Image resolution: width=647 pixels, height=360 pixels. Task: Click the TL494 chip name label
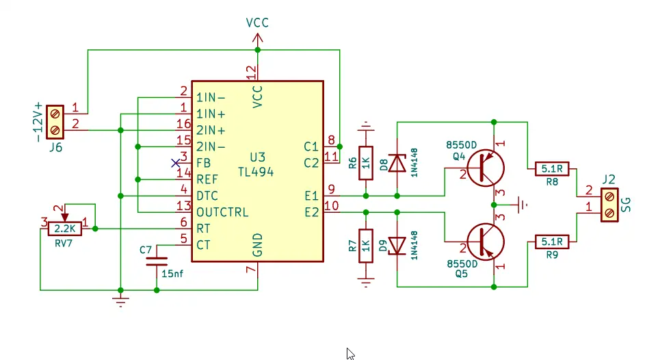pyautogui.click(x=256, y=172)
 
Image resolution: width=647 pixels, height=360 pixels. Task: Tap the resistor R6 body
pyautogui.click(x=366, y=163)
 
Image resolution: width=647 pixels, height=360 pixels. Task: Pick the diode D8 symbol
pyautogui.click(x=397, y=163)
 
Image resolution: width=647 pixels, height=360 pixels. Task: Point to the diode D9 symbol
pyautogui.click(x=397, y=245)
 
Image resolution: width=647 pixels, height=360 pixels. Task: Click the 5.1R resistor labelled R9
pyautogui.click(x=552, y=241)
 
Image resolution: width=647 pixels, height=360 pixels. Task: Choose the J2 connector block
pyautogui.click(x=609, y=205)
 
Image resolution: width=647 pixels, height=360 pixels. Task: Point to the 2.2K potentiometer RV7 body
pyautogui.click(x=65, y=228)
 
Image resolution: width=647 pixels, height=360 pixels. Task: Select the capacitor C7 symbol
pyautogui.click(x=157, y=260)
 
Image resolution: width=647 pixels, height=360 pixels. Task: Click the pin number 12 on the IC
pyautogui.click(x=251, y=70)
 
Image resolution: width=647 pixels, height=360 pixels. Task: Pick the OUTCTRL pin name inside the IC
pyautogui.click(x=222, y=211)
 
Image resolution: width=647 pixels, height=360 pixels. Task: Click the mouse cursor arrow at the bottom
pyautogui.click(x=350, y=353)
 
